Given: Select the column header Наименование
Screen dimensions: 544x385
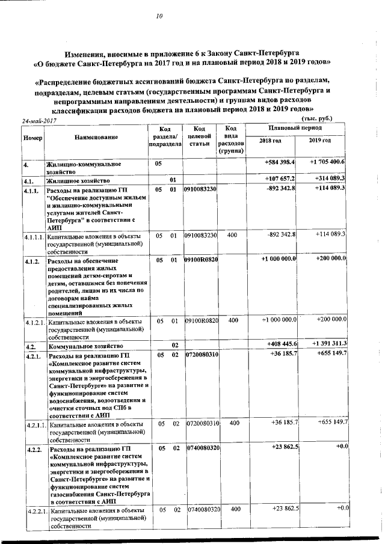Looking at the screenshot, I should click(97, 137).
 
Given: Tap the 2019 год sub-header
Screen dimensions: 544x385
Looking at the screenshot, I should click(319, 141).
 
